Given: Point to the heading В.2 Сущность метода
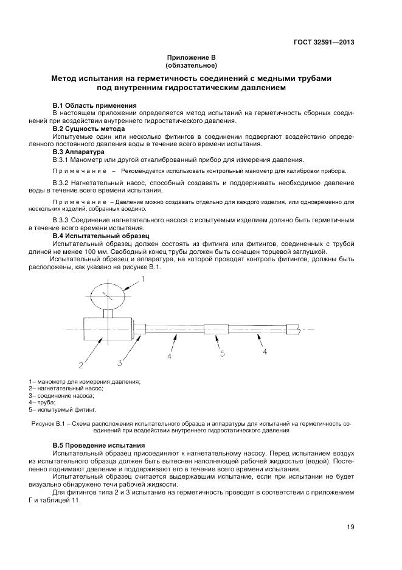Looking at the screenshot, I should tap(89, 129).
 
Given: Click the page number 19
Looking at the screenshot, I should tap(351, 527).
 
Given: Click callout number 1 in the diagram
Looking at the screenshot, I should tap(144, 279).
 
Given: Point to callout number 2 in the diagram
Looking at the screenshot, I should tap(80, 365).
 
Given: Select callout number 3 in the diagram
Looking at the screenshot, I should tap(120, 363).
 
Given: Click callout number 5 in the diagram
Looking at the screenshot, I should tap(222, 353).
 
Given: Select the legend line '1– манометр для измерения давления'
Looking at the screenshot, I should tap(85, 381).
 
